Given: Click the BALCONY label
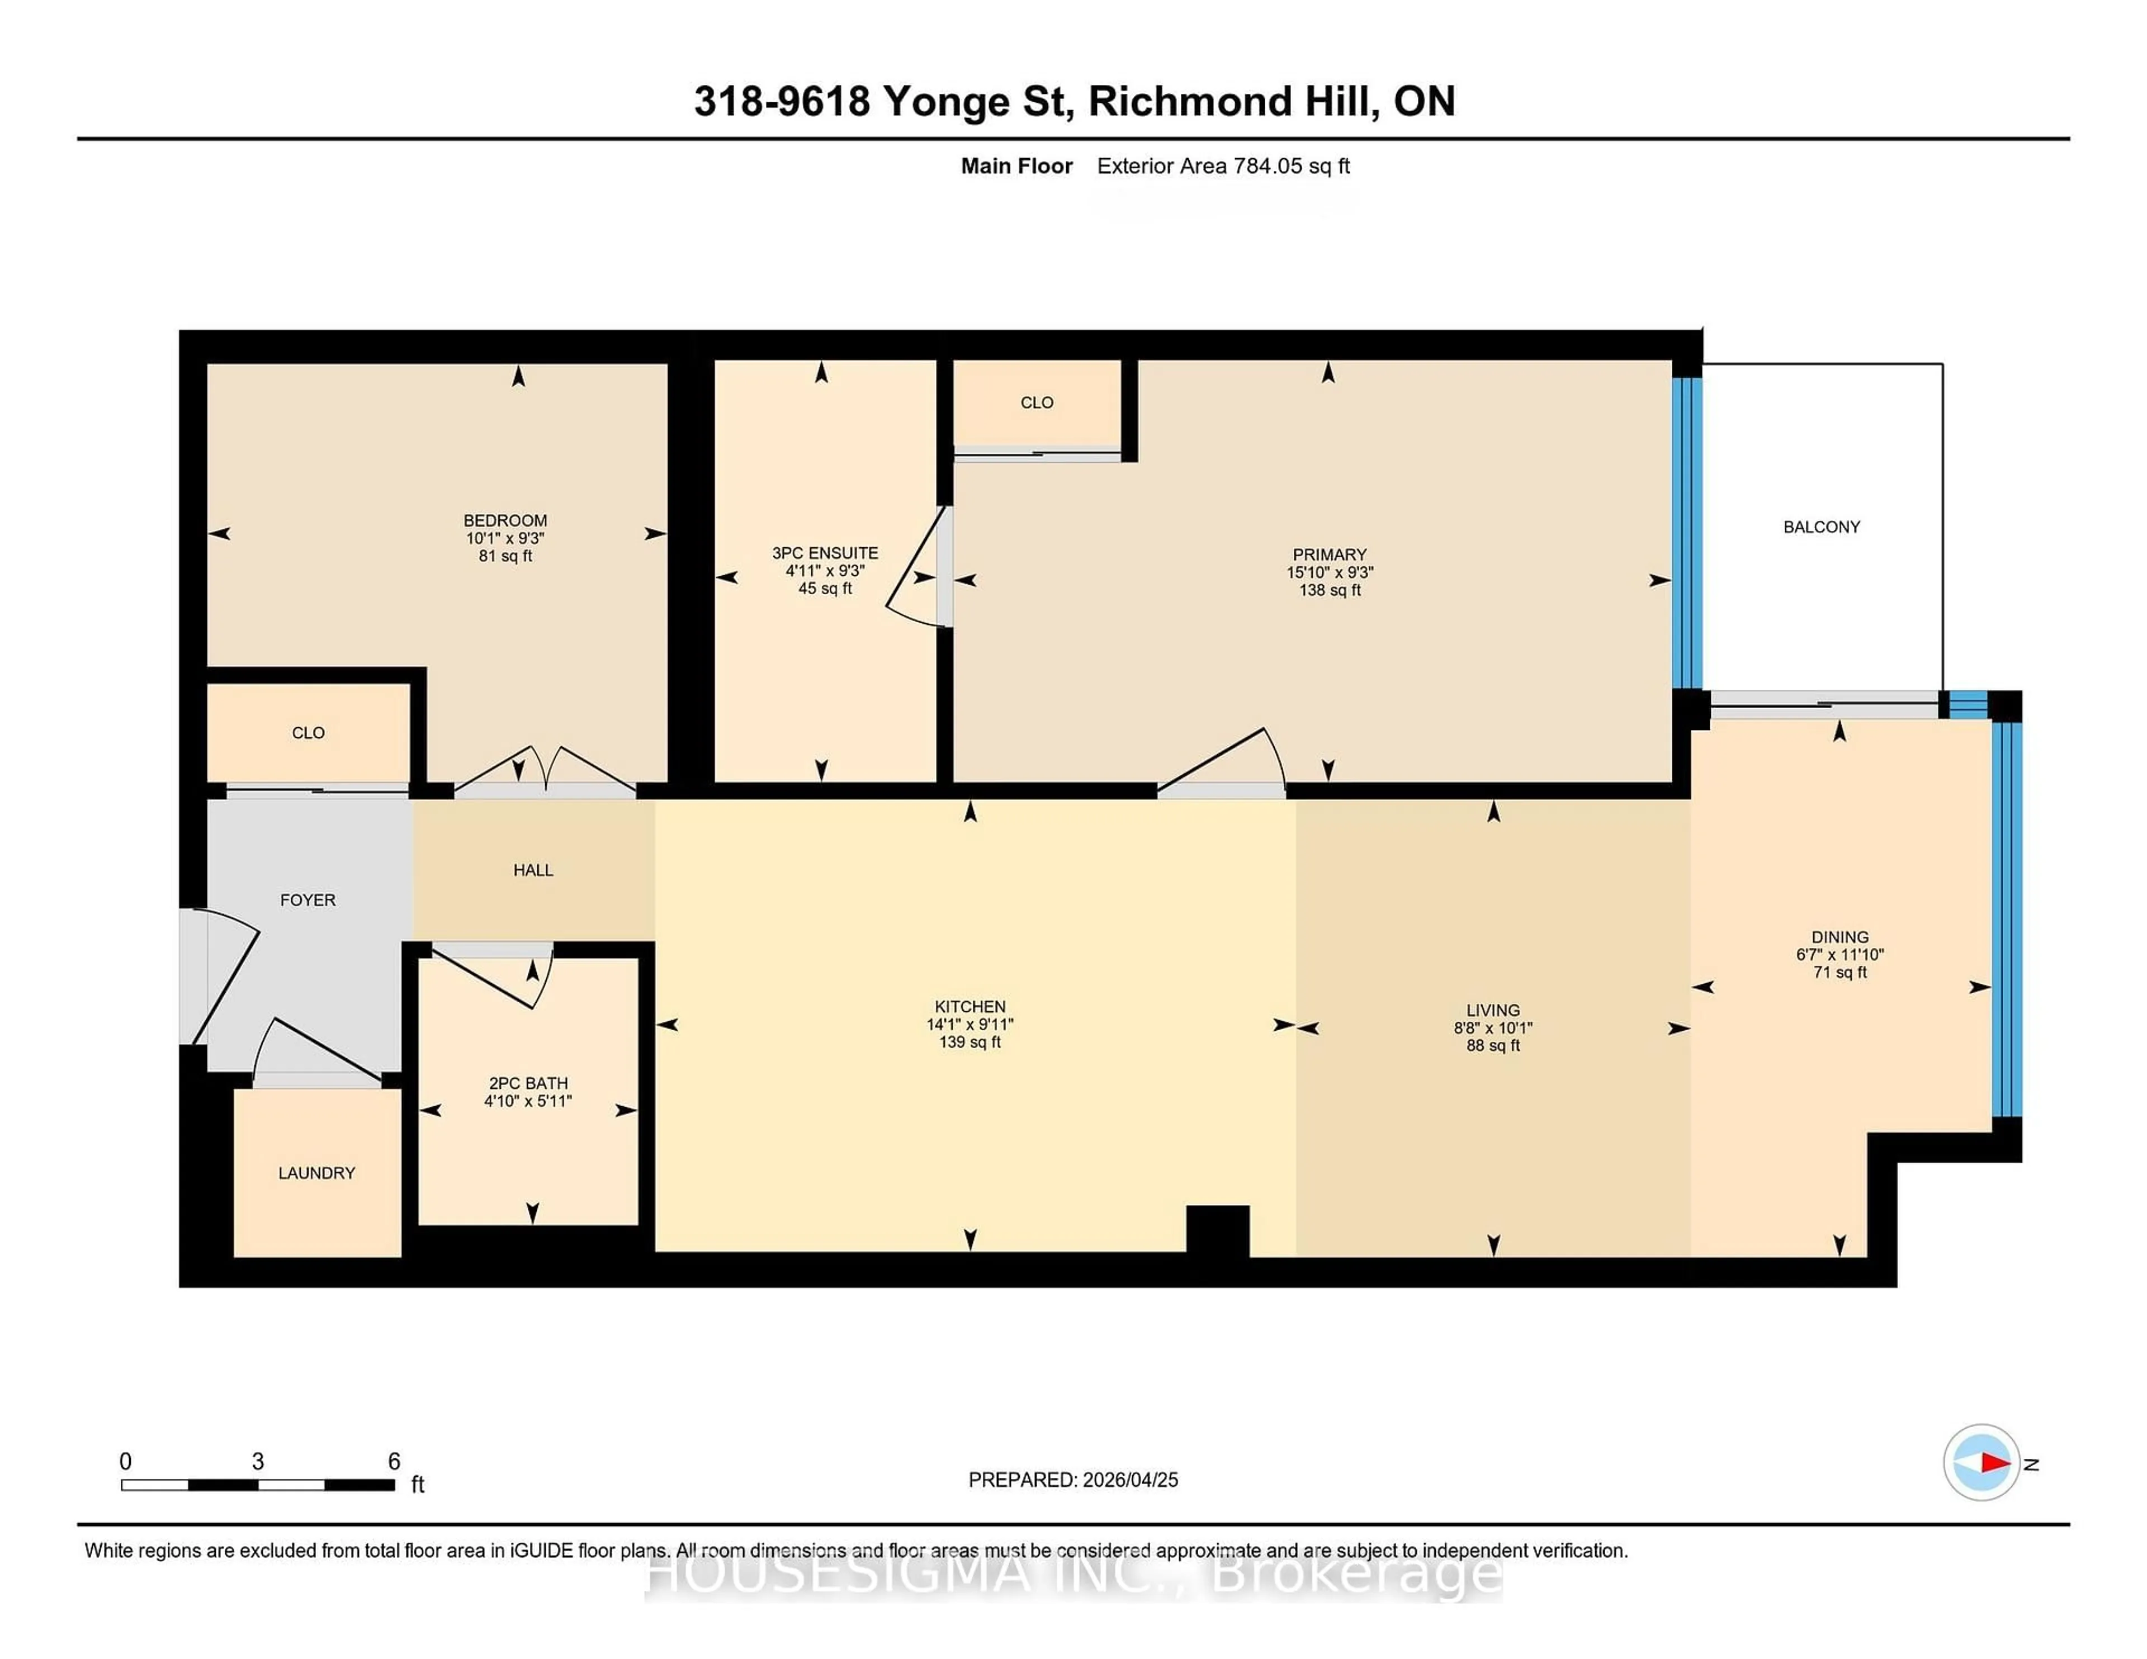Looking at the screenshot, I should pos(1820,527).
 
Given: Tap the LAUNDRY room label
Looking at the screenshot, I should pos(316,1173).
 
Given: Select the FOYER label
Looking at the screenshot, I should pos(308,900).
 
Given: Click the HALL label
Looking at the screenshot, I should pos(533,870).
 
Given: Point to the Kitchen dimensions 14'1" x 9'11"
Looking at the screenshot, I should pos(970,1024).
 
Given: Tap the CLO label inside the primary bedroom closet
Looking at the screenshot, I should pos(1036,402).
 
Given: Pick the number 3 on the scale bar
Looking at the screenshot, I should pos(258,1462).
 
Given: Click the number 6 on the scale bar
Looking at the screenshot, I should pos(393,1462).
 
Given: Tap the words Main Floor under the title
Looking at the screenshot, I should pos(1016,166).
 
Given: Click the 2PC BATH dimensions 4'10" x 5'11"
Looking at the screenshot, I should pos(528,1101).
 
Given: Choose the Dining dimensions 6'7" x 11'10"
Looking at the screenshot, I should pos(1839,954).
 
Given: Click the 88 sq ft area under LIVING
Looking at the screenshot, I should pos(1492,1046).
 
